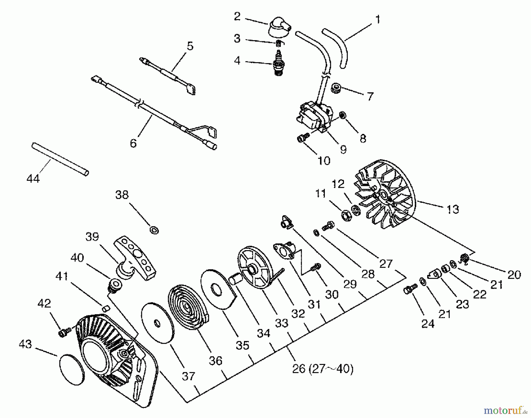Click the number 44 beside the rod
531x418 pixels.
coord(33,178)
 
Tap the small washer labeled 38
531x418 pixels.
coord(154,230)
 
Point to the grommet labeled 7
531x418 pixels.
coord(335,88)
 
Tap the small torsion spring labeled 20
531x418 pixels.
coord(464,259)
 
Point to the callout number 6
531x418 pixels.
coord(133,143)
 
